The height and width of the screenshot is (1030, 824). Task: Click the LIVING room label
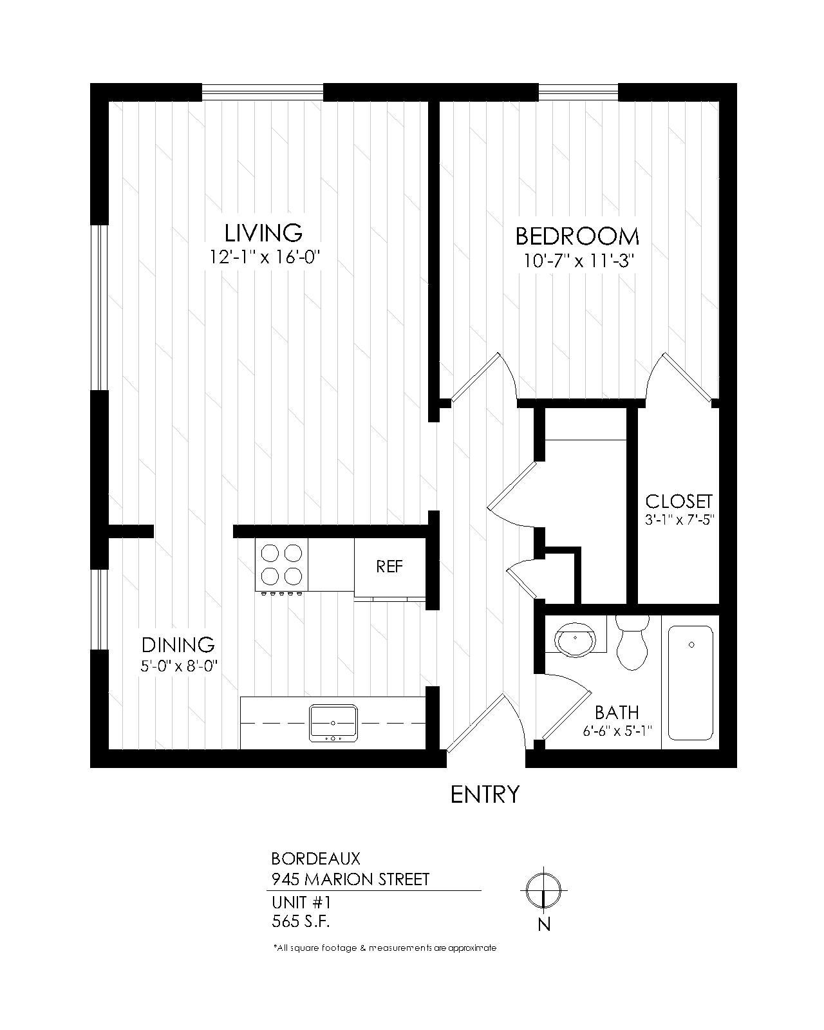point(263,232)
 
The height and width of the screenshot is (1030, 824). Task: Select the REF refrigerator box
point(389,566)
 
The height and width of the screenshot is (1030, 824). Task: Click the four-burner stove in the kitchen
point(281,565)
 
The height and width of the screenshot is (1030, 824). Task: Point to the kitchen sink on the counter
point(333,723)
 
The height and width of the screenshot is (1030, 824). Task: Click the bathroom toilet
point(632,644)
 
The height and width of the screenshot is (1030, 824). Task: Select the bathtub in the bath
point(691,683)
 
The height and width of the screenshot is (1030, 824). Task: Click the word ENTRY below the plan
point(484,794)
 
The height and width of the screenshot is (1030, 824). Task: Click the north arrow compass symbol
point(544,891)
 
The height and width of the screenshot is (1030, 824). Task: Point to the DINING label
point(178,644)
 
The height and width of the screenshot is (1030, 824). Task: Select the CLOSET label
point(679,501)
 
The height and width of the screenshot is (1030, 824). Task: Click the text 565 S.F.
point(301,921)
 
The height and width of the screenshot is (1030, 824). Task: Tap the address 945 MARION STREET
point(350,879)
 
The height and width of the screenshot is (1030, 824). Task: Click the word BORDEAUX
point(315,858)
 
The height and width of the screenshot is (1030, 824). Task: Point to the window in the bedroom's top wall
point(577,93)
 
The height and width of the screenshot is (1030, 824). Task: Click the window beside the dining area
point(98,609)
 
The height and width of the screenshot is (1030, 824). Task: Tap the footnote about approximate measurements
point(384,948)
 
